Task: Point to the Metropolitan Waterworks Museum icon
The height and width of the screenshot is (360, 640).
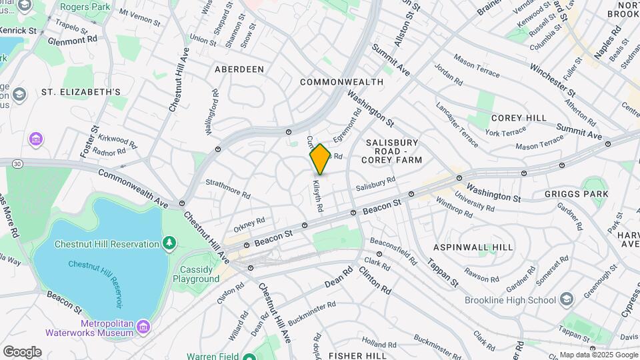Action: pos(143,326)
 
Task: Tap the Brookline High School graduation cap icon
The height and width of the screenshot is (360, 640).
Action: pos(567,298)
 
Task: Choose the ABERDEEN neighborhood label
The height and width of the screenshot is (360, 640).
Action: pos(239,69)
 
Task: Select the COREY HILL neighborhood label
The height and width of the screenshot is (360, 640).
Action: pos(519,118)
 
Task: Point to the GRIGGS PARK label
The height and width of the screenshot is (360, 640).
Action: pos(576,194)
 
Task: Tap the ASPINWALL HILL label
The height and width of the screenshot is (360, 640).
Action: pos(473,247)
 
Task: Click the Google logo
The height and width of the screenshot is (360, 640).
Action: pos(21,352)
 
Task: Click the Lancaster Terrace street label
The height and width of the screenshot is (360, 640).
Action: pos(457,119)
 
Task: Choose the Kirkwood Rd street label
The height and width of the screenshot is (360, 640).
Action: pos(117,141)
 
